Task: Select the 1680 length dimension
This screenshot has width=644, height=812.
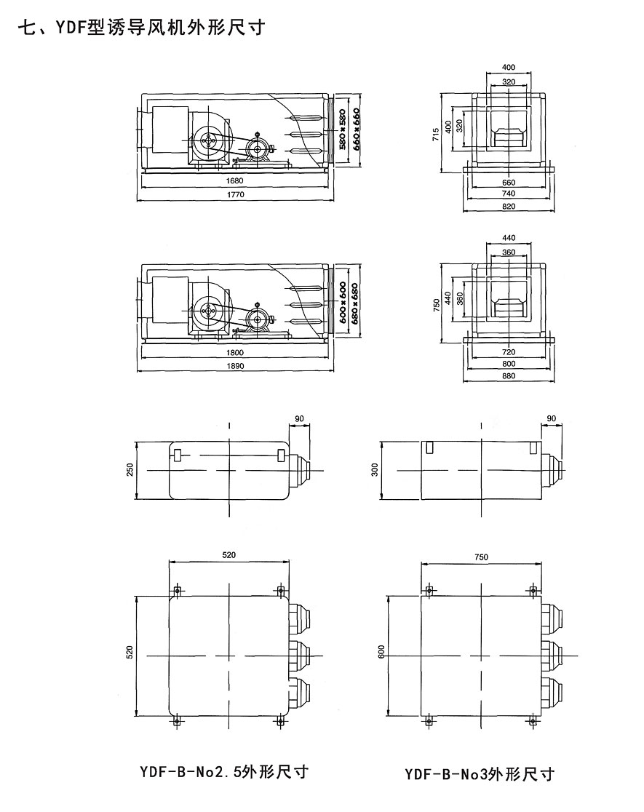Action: coord(234,181)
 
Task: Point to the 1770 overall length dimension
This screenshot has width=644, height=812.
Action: coord(234,195)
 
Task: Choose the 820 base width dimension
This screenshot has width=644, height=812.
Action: coord(509,207)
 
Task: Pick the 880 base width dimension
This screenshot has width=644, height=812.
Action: coord(509,377)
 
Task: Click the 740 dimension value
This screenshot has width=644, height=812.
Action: coord(509,194)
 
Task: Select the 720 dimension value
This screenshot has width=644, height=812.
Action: coord(509,352)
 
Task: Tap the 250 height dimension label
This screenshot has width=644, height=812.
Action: coord(130,471)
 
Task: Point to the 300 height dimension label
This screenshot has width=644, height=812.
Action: coord(375,471)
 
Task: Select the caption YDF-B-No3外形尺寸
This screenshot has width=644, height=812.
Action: coord(480,773)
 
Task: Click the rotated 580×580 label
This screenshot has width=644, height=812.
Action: coord(342,129)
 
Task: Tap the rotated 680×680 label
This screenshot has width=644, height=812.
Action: coord(355,302)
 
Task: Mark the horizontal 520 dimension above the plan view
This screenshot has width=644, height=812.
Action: coord(229,554)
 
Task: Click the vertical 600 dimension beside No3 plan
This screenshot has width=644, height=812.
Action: coord(381,653)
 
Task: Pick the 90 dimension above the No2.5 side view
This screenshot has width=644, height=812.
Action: coord(301,418)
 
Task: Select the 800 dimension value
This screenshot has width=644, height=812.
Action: coord(509,364)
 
